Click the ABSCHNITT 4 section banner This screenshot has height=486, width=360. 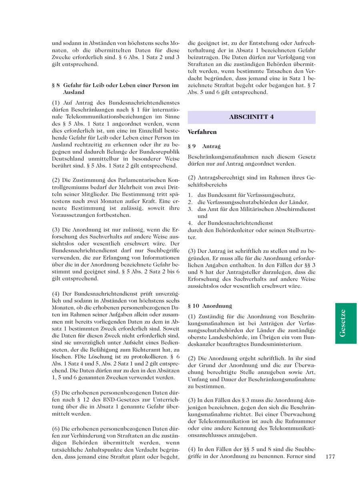click(251, 117)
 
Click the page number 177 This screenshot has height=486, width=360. click(330, 456)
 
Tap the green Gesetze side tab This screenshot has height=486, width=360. click(346, 323)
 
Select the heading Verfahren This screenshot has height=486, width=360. click(202, 132)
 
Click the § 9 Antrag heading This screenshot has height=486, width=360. click(204, 147)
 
